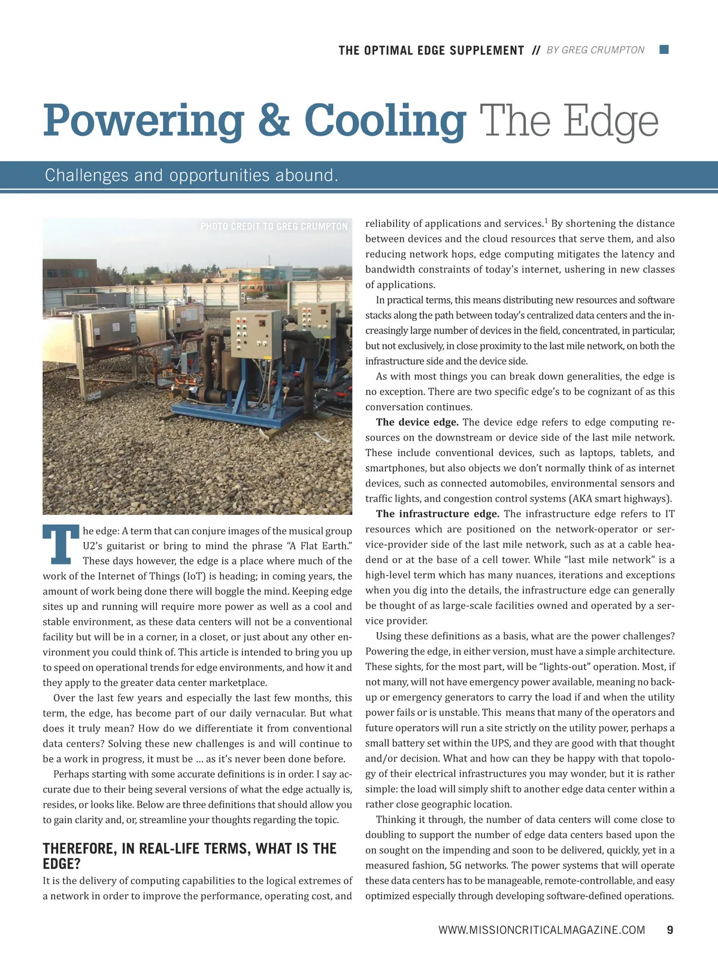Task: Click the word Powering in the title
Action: tap(144, 122)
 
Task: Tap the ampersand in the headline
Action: tap(274, 121)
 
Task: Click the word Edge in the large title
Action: tap(611, 122)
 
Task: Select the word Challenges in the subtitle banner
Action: tap(86, 175)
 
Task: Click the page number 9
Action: tap(670, 930)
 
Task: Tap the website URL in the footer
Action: tap(541, 930)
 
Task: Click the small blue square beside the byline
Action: tap(664, 50)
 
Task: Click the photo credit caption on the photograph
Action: tap(274, 226)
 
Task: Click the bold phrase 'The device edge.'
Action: tap(417, 423)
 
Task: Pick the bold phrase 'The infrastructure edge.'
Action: tap(437, 514)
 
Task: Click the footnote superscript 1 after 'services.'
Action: tap(546, 220)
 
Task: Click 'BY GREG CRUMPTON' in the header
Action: tap(595, 50)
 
